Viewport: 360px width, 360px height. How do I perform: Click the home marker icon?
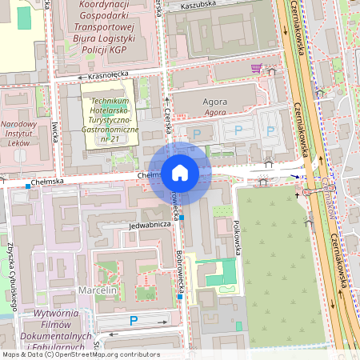(x=180, y=172)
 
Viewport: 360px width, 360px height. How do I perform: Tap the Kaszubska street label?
(x=198, y=5)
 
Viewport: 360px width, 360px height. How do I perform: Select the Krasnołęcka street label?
(x=110, y=76)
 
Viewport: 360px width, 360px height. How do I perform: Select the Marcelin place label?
(x=98, y=289)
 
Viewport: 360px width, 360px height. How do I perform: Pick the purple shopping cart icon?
(x=256, y=68)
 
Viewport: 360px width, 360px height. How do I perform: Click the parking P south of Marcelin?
(x=134, y=321)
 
